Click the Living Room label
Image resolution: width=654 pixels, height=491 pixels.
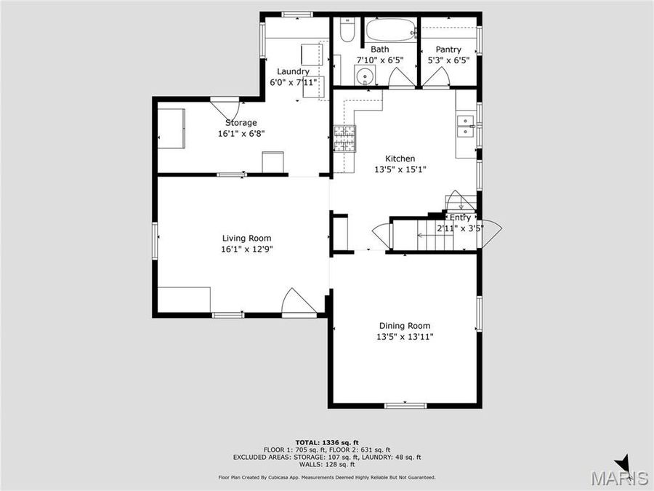(x=246, y=238)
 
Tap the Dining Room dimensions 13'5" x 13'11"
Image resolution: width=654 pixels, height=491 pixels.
(x=404, y=337)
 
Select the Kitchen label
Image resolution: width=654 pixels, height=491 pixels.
(x=400, y=159)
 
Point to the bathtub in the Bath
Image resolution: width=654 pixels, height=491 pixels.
(x=390, y=31)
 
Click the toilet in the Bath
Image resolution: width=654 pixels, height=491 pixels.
(x=347, y=33)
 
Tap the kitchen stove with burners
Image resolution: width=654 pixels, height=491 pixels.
(x=345, y=138)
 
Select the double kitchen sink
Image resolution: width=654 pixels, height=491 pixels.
(x=465, y=126)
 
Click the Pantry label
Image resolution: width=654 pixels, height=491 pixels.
(x=448, y=49)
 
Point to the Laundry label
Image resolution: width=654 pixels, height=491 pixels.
(x=293, y=71)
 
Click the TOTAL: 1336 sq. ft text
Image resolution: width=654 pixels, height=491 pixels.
(x=327, y=442)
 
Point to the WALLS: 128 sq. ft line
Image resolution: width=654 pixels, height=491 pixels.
(x=327, y=464)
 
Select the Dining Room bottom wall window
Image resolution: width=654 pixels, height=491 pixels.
(x=405, y=405)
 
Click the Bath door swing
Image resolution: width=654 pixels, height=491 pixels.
(x=399, y=78)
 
